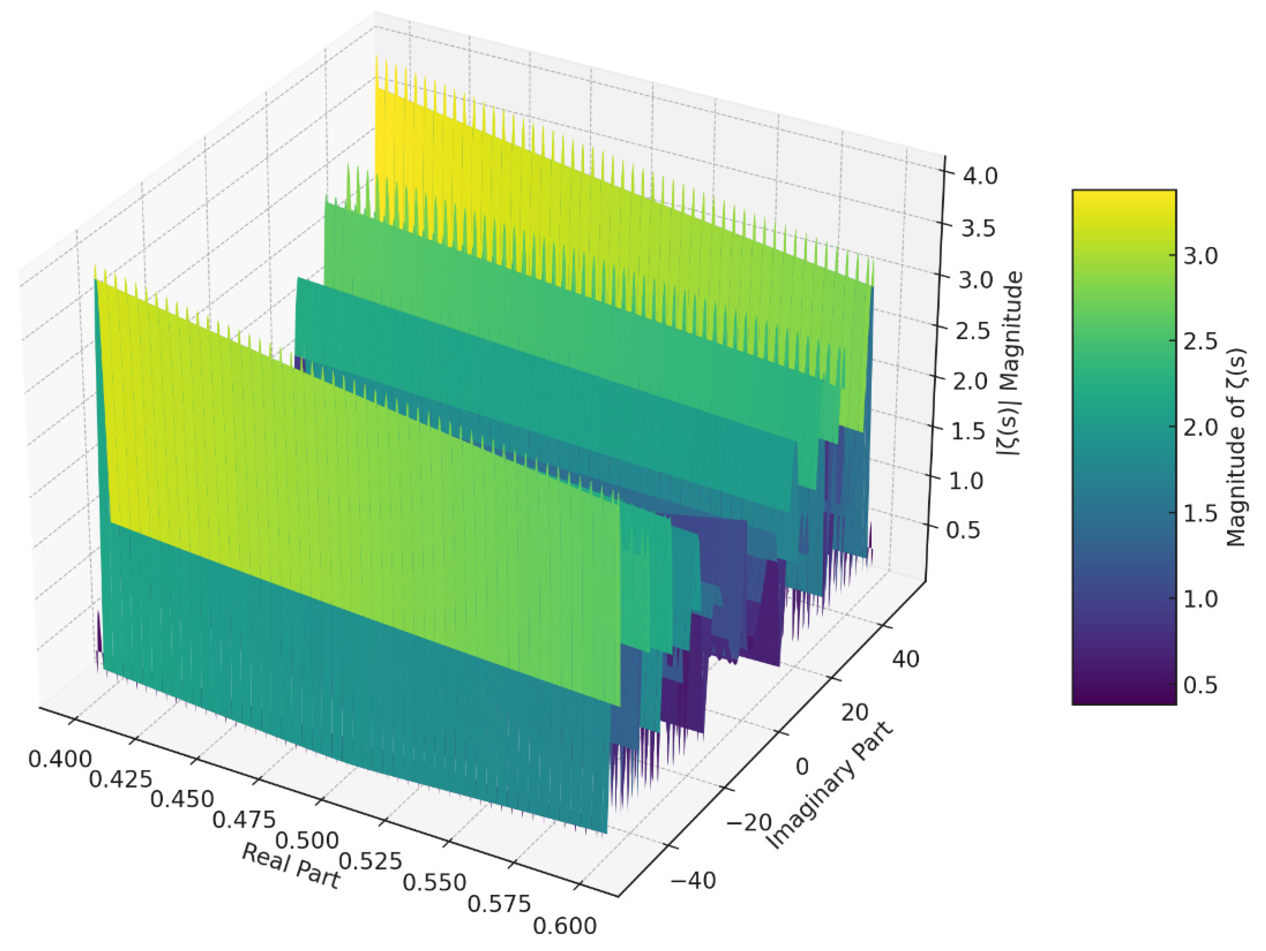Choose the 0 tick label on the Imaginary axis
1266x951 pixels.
[x=803, y=767]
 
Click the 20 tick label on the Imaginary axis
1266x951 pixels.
[x=854, y=713]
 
